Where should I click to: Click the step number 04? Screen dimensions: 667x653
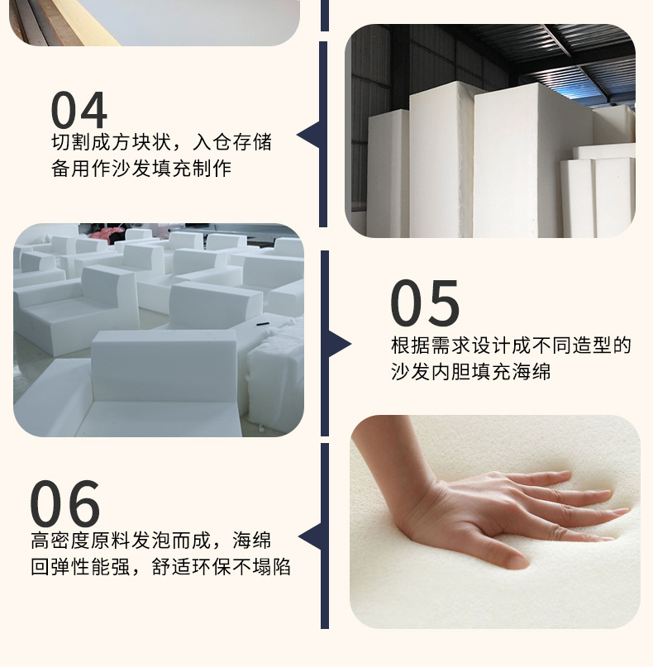click(x=79, y=110)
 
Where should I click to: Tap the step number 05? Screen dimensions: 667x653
click(x=424, y=303)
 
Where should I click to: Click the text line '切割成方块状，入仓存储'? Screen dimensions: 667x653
click(x=161, y=142)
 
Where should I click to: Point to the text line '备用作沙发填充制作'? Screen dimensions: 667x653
click(x=141, y=169)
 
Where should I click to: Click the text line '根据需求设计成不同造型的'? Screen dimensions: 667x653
click(x=511, y=345)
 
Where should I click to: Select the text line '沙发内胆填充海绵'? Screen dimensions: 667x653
click(x=470, y=372)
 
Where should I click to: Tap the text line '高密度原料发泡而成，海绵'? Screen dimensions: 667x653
click(x=150, y=541)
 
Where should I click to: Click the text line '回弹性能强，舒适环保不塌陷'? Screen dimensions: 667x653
click(x=160, y=568)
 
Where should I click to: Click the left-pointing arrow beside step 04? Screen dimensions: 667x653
click(x=308, y=135)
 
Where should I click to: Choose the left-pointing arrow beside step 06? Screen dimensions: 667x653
click(x=309, y=537)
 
